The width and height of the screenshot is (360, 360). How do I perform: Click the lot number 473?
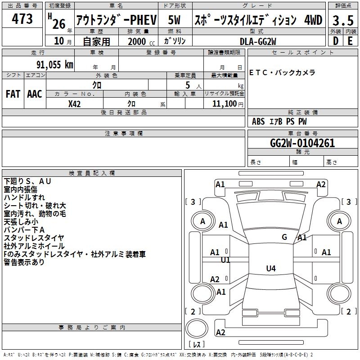pyautogui.click(x=22, y=19)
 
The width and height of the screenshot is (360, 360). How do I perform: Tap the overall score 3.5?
pyautogui.click(x=342, y=21)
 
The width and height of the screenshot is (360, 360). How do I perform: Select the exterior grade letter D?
pyautogui.click(x=335, y=40)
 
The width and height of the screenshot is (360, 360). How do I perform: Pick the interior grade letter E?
pyautogui.click(x=350, y=40)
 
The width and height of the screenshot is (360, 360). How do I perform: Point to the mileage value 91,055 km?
pyautogui.click(x=50, y=64)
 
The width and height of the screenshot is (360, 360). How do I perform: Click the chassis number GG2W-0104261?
pyautogui.click(x=302, y=143)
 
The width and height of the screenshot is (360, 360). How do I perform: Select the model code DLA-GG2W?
pyautogui.click(x=258, y=41)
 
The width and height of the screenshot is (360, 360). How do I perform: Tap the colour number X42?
pyautogui.click(x=74, y=103)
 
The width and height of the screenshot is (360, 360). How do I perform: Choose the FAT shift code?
pyautogui.click(x=13, y=94)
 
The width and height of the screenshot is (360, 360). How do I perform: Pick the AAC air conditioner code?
pyautogui.click(x=34, y=94)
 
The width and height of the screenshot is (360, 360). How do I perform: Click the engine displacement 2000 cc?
pyautogui.click(x=139, y=41)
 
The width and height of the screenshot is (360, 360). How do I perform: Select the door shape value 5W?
pyautogui.click(x=174, y=20)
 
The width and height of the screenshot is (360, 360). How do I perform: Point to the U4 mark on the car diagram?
pyautogui.click(x=270, y=269)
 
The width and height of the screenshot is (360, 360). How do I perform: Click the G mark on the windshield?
pyautogui.click(x=284, y=237)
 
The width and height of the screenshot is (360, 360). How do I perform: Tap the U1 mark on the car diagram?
pyautogui.click(x=225, y=260)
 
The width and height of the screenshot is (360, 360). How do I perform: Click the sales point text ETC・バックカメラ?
pyautogui.click(x=283, y=72)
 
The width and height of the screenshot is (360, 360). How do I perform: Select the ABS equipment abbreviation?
pyautogui.click(x=258, y=121)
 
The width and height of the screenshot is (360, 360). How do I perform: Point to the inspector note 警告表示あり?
pyautogui.click(x=24, y=262)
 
